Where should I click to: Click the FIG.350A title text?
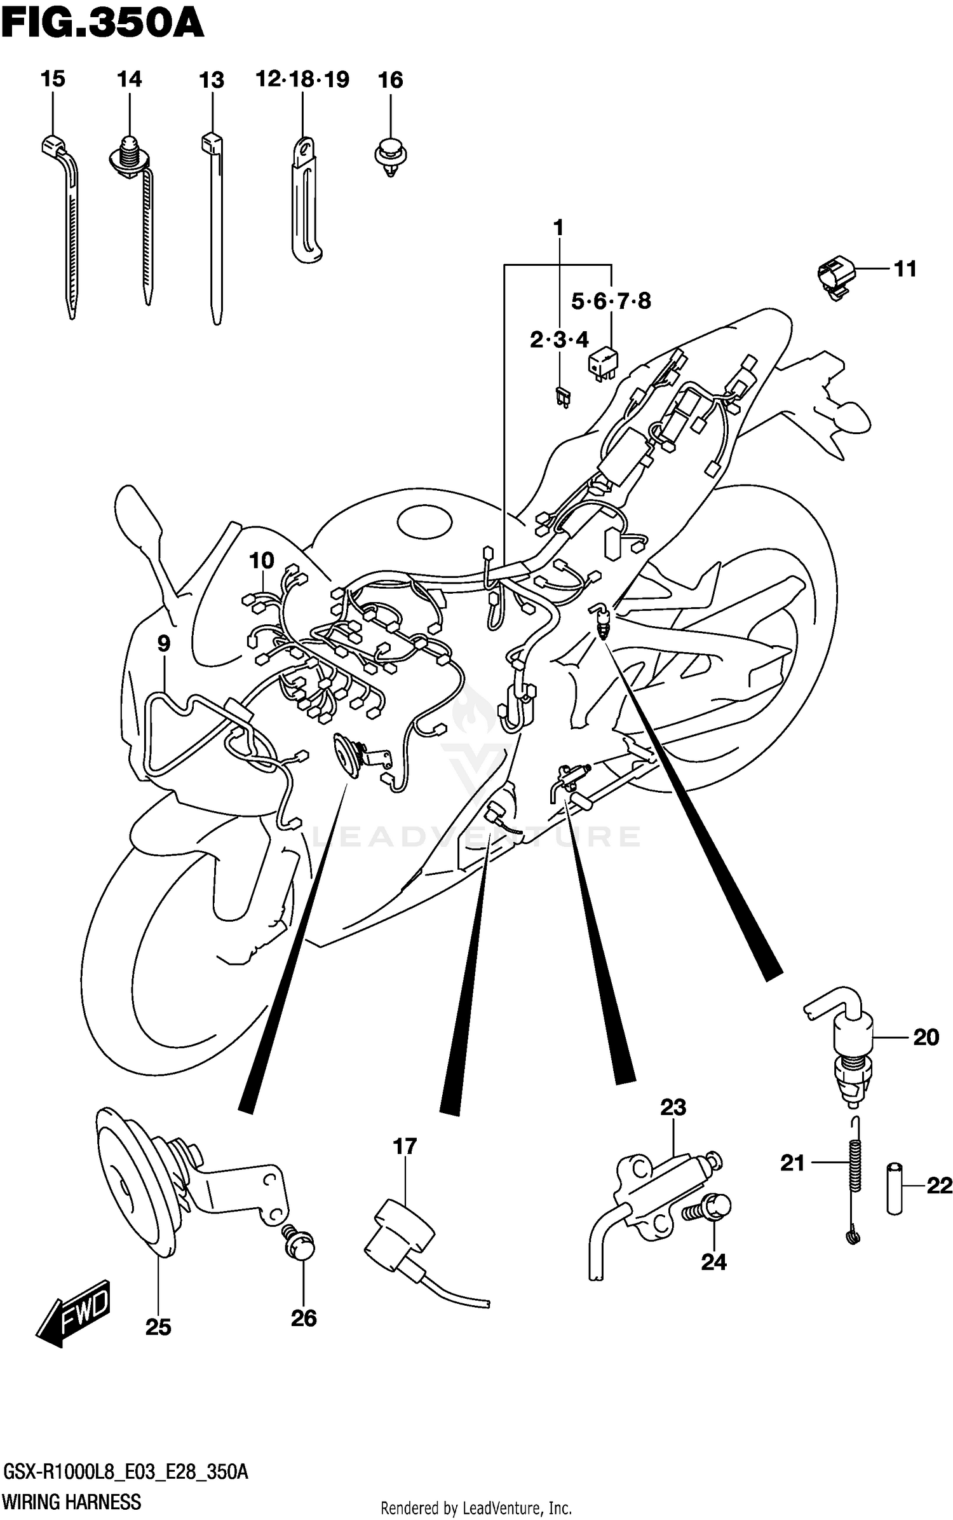click(102, 25)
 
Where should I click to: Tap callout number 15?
click(53, 79)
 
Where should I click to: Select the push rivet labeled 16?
click(390, 156)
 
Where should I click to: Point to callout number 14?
click(129, 79)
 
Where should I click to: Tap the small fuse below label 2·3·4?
click(562, 398)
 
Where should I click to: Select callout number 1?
click(558, 228)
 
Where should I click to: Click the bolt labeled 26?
click(301, 1248)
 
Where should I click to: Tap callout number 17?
click(404, 1146)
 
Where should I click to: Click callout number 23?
click(673, 1107)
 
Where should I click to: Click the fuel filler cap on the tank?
click(424, 523)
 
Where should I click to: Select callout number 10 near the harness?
click(261, 561)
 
